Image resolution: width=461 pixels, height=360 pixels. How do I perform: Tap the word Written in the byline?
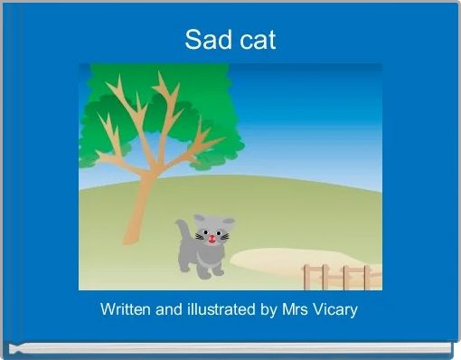tap(126, 309)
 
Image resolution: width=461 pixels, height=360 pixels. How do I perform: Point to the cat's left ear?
tap(199, 219)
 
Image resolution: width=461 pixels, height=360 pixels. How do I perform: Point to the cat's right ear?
tap(229, 222)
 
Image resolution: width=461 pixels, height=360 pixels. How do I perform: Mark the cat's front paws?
tap(210, 270)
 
